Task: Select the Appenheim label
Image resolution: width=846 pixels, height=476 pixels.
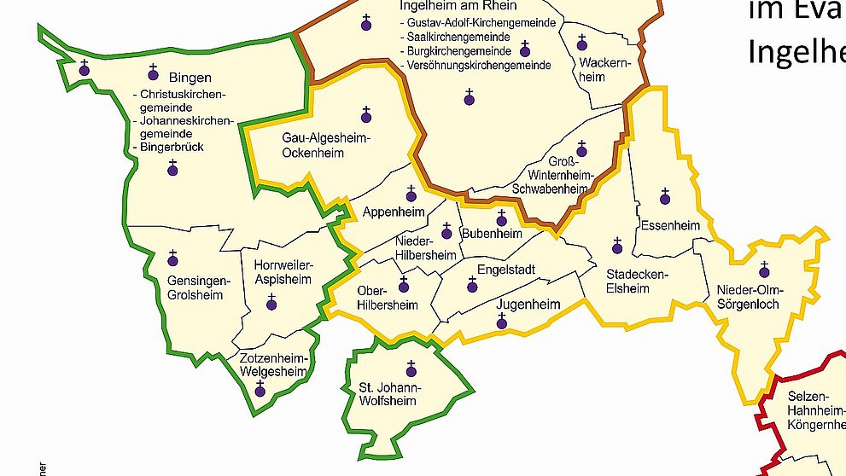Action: (393, 212)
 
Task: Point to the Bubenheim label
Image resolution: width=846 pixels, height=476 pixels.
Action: (492, 233)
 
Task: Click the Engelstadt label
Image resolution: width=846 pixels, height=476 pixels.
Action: (506, 270)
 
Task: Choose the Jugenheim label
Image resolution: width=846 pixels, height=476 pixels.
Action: (528, 305)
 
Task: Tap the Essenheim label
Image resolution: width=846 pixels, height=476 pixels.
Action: (669, 226)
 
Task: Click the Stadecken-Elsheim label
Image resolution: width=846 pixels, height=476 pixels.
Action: (627, 281)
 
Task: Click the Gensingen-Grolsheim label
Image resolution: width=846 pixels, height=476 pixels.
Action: (195, 288)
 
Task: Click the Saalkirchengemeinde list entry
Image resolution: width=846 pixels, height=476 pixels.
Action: (458, 38)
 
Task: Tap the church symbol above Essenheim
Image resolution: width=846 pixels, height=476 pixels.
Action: (665, 197)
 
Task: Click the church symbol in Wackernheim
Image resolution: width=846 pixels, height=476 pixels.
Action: (582, 43)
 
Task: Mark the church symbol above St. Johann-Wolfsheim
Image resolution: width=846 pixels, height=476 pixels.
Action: (411, 369)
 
